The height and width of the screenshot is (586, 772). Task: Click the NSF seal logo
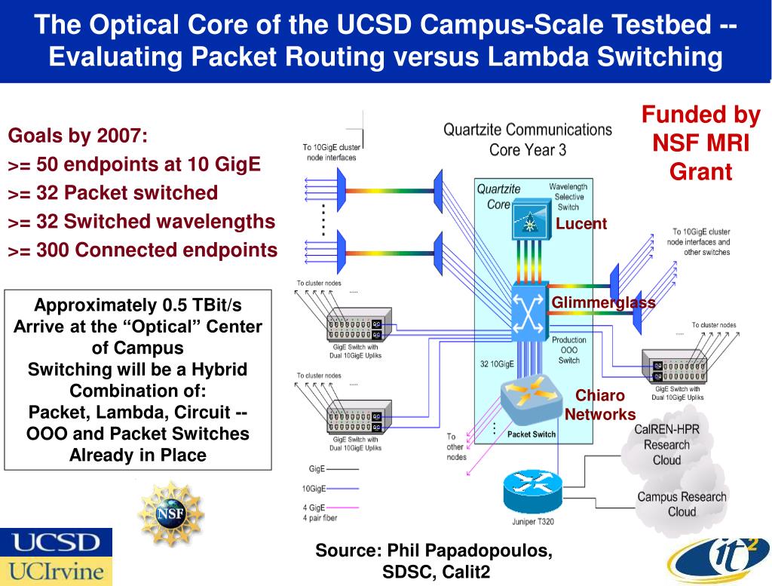(x=170, y=514)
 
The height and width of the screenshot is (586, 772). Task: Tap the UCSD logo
(x=55, y=542)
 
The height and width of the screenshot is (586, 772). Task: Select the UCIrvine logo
(x=55, y=571)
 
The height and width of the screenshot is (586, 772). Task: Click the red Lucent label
(x=581, y=223)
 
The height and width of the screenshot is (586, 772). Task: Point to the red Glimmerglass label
(x=603, y=302)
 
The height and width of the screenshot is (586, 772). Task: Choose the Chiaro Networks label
(x=600, y=405)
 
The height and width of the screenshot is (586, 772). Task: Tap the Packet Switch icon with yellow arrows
(x=528, y=399)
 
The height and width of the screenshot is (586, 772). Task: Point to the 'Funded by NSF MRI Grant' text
(x=700, y=143)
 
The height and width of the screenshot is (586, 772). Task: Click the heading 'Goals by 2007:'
(x=78, y=137)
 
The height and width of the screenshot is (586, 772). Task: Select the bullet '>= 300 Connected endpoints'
(x=142, y=250)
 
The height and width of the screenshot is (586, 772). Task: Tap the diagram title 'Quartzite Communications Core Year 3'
(x=527, y=140)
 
